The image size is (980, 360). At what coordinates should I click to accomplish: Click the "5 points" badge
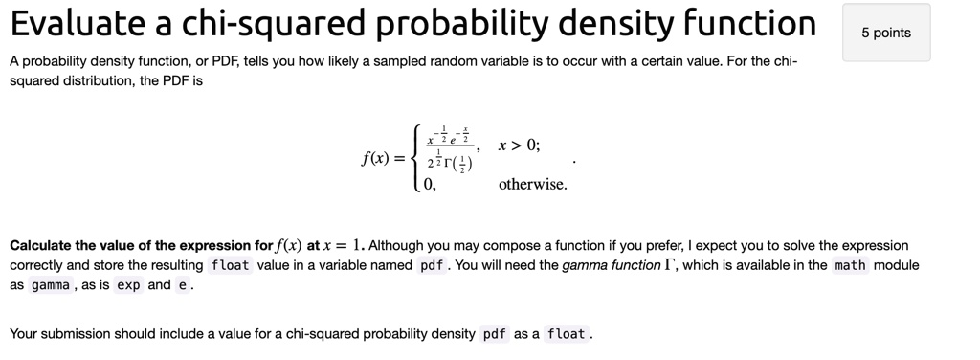pos(885,34)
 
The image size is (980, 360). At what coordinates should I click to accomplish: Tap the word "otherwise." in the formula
pos(533,185)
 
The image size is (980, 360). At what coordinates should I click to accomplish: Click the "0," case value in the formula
pos(429,185)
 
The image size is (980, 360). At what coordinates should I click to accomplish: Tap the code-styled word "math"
pos(851,265)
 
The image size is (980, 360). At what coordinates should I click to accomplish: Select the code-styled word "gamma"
pos(51,285)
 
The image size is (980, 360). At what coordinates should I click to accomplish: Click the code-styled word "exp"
pos(129,285)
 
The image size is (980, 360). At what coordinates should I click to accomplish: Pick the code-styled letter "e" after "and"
pos(181,285)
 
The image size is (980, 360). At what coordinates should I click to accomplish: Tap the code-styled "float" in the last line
pos(567,334)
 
